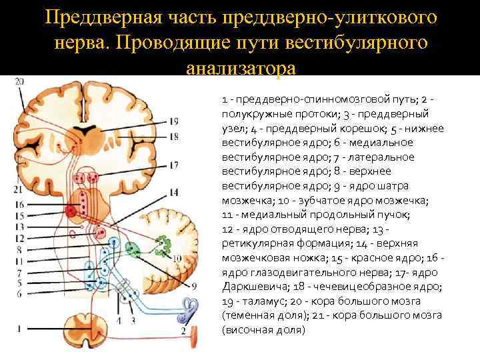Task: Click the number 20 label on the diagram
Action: pos(19,81)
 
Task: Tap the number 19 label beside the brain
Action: pos(173,121)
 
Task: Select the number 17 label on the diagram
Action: pos(174,165)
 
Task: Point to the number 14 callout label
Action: pos(173,193)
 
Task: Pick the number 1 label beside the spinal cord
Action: pos(19,327)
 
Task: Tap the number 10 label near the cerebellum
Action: pos(177,257)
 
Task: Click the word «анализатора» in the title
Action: pos(240,69)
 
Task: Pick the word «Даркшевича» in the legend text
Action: pos(257,287)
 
